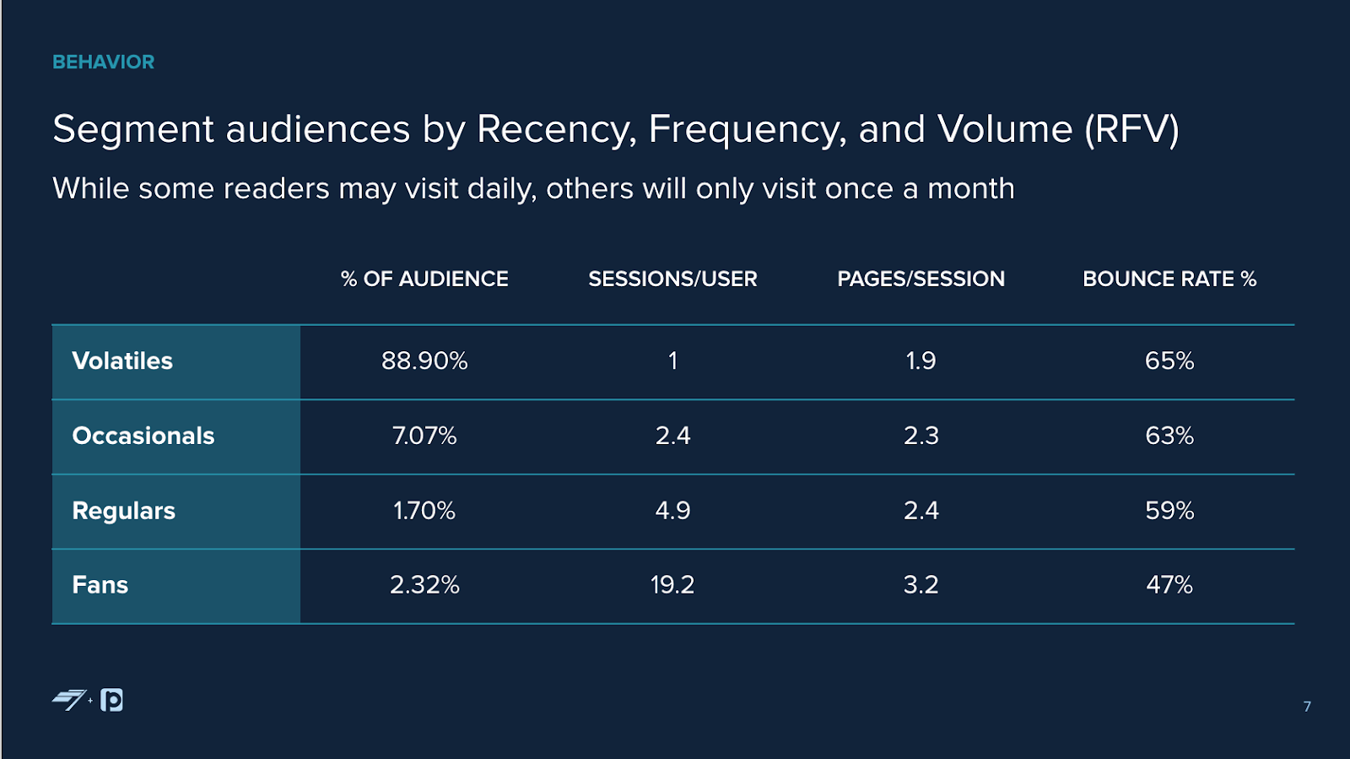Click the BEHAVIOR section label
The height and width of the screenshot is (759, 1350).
tap(103, 62)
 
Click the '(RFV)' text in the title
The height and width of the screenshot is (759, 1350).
tap(1131, 130)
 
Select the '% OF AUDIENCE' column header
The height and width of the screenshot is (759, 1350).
tap(424, 279)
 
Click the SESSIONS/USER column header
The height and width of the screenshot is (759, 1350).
tap(672, 279)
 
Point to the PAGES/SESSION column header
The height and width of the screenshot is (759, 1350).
tap(921, 279)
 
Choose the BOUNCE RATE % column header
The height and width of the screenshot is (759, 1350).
tap(1169, 279)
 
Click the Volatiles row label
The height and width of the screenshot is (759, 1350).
tap(122, 361)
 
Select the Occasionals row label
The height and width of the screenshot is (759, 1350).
tap(143, 436)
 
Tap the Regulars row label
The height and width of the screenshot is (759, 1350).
tap(124, 511)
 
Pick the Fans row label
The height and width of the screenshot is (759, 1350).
tap(100, 585)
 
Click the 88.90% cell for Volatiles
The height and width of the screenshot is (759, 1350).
tap(424, 361)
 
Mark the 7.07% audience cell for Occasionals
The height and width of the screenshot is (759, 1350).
tap(424, 436)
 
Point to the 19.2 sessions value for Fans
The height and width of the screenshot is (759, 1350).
tap(672, 585)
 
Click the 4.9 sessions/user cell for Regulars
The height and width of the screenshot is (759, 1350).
tap(672, 511)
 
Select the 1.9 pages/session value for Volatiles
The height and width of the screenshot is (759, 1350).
tap(921, 361)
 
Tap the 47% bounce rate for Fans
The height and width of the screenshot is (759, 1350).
tap(1169, 585)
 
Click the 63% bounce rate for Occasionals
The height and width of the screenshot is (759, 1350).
tap(1169, 436)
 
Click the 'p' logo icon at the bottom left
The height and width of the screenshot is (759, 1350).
tap(112, 700)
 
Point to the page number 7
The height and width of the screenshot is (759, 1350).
tap(1307, 707)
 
